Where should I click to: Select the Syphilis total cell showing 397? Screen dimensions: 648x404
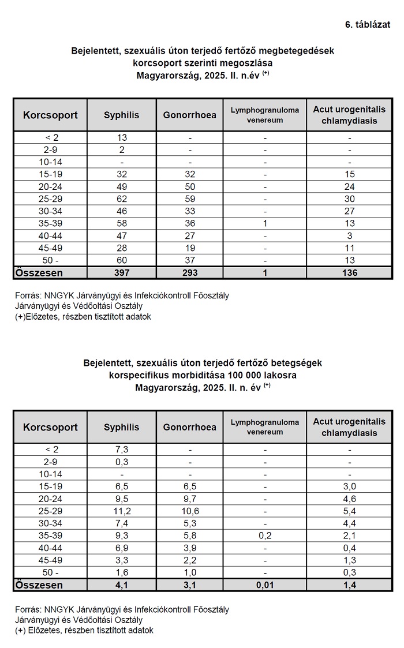coord(121,272)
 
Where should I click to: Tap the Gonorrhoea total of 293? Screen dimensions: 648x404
coord(189,272)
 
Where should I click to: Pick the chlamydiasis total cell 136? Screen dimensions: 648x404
coord(349,272)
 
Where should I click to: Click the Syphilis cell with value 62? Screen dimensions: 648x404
coord(121,198)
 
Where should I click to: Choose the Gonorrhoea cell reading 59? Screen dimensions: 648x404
coord(189,198)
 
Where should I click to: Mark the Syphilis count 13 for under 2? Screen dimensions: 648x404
coord(121,138)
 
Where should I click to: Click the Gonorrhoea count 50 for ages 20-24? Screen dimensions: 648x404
coord(189,186)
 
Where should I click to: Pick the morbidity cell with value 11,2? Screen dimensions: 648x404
coord(121,511)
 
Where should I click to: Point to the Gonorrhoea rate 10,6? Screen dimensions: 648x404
coord(189,511)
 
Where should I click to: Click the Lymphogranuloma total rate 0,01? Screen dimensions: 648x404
coord(264,585)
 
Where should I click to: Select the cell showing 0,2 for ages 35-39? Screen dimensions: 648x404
coord(264,535)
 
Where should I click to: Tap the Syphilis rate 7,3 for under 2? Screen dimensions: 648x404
coord(121,450)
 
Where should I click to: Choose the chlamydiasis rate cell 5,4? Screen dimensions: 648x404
coord(349,511)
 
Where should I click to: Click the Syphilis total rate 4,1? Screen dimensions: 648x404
coord(121,585)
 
